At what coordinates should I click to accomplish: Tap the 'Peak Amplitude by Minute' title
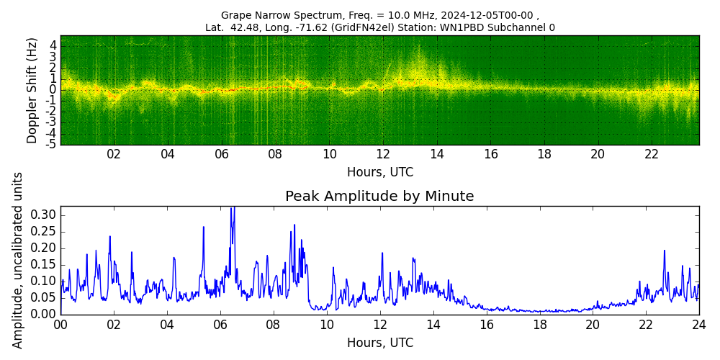(379, 197)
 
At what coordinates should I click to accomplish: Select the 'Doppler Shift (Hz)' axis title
(32, 90)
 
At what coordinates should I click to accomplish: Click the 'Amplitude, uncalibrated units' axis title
(18, 260)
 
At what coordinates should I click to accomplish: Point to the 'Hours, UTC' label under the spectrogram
(379, 173)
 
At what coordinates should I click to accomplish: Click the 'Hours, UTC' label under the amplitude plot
(379, 343)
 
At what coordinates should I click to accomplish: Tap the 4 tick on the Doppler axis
(53, 45)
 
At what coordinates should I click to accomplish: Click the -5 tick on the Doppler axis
(51, 145)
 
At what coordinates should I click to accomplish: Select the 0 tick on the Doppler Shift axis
(53, 90)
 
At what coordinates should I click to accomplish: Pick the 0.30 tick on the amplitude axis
(43, 215)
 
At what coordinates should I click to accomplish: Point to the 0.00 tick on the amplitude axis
(43, 315)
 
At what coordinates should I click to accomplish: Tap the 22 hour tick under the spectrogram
(652, 155)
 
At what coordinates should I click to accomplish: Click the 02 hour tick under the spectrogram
(114, 155)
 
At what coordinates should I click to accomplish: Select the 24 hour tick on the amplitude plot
(698, 325)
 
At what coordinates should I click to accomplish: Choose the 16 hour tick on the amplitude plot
(486, 325)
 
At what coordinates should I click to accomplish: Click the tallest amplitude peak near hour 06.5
(233, 209)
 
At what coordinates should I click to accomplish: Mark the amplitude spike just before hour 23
(665, 251)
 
